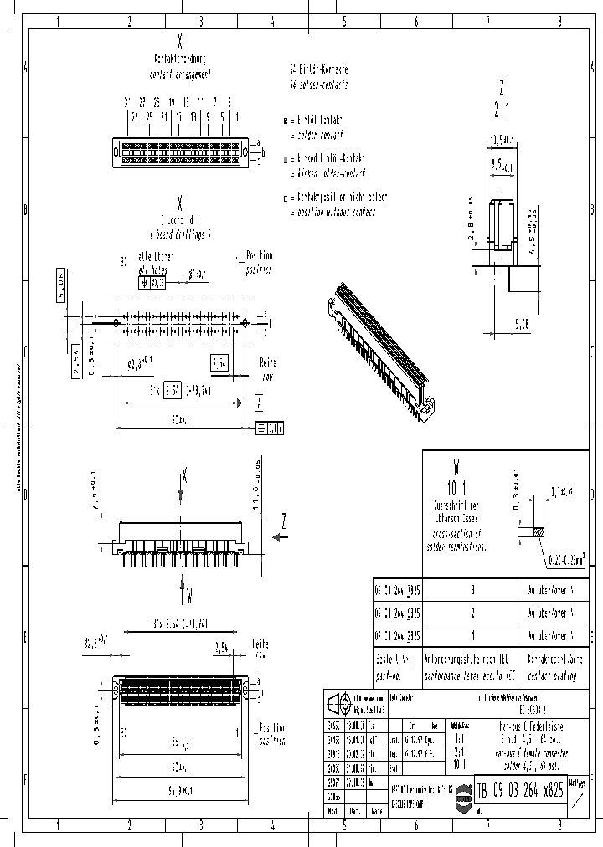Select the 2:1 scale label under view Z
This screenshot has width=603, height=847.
(x=501, y=109)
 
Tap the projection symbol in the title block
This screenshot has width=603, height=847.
(x=338, y=702)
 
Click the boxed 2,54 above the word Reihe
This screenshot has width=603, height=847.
(x=219, y=363)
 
